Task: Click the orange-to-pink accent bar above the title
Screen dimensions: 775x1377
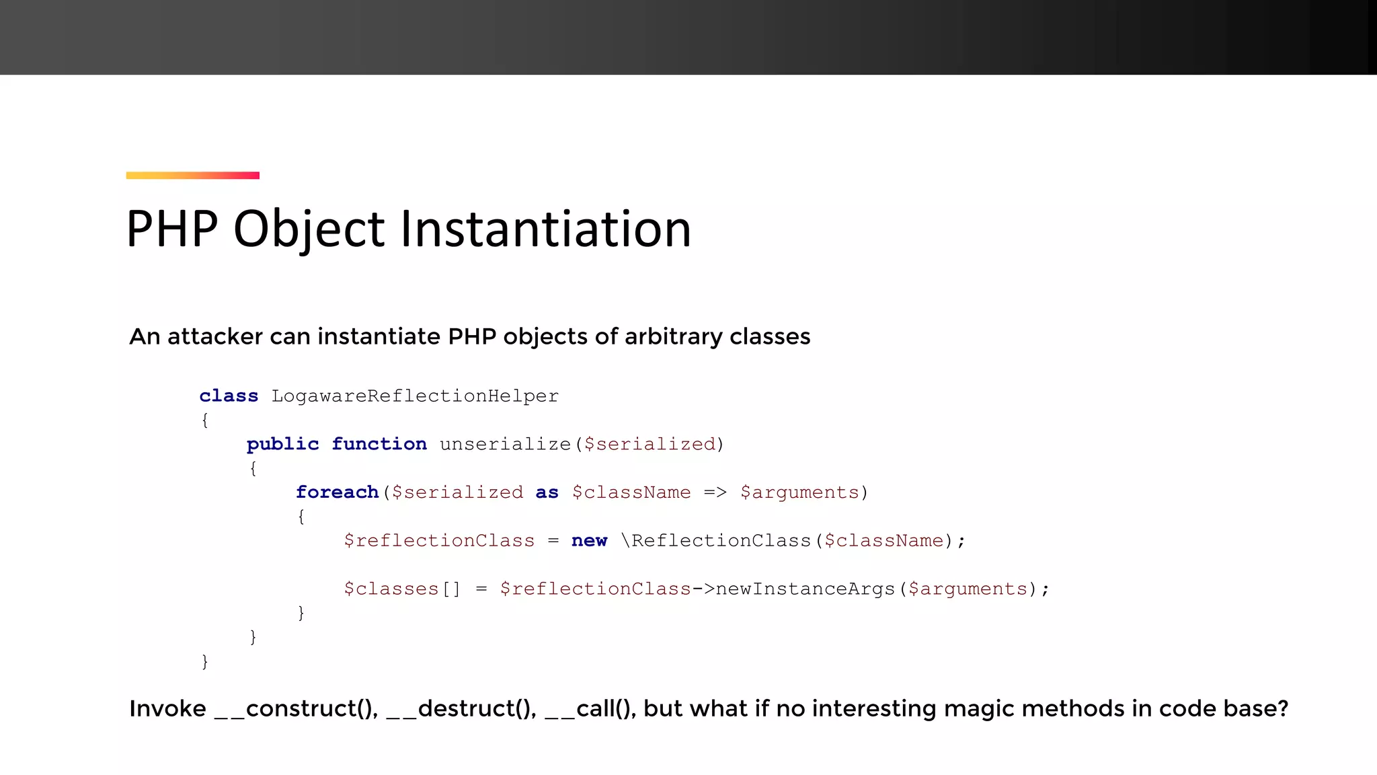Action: [192, 176]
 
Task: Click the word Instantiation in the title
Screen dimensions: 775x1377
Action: [545, 229]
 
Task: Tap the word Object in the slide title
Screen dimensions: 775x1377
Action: [309, 229]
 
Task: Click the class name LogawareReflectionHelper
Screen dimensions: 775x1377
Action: [415, 396]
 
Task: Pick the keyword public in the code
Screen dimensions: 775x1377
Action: [282, 444]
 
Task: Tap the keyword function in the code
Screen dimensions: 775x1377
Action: [379, 444]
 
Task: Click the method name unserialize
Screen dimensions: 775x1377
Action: [505, 444]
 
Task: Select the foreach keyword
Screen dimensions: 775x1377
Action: [337, 492]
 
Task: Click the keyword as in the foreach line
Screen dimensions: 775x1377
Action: [547, 492]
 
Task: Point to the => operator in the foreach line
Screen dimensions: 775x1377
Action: [715, 492]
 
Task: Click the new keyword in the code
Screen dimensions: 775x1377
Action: [589, 541]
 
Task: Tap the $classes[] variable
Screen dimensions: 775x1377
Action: [402, 589]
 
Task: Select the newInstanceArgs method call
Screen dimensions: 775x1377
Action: [805, 589]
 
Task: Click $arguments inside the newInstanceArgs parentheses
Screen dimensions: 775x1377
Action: [968, 589]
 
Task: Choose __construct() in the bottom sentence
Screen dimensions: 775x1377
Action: [296, 709]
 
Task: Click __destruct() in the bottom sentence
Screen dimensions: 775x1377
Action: [461, 709]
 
